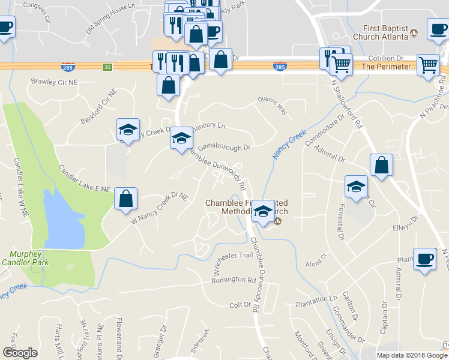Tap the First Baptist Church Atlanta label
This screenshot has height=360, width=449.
[x=385, y=32]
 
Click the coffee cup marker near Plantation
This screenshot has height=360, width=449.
[x=425, y=259]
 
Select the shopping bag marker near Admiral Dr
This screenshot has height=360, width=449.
[x=381, y=165]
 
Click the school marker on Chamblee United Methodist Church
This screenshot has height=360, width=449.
[x=262, y=211]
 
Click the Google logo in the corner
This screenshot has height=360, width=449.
[x=20, y=353]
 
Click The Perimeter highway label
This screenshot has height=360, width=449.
[x=386, y=66]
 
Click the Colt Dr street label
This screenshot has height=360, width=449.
[x=240, y=305]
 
